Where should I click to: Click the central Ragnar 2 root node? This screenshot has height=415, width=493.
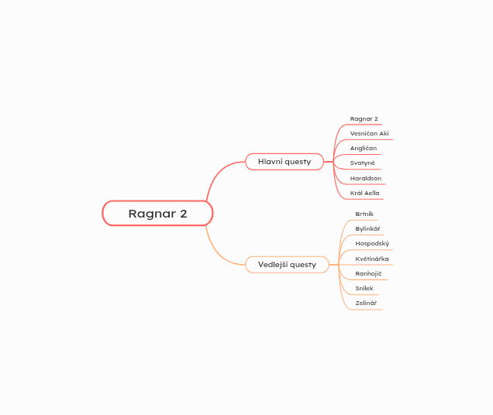(157, 214)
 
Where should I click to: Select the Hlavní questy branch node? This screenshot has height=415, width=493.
(284, 162)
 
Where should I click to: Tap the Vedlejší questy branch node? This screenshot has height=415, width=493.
(287, 265)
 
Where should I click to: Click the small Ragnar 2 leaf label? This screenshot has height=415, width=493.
(364, 118)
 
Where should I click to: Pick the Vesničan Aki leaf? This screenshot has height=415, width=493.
(369, 133)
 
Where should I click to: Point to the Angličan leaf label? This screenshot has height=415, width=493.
(363, 149)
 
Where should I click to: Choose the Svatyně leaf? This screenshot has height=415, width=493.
(362, 163)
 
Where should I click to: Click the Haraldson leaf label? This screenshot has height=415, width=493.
(366, 178)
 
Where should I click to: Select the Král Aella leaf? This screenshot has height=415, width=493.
(365, 193)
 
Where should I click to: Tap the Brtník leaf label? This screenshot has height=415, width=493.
(364, 214)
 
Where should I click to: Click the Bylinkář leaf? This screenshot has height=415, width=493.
(367, 228)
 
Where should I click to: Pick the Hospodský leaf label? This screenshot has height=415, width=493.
(372, 243)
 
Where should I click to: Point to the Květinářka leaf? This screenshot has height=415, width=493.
(372, 259)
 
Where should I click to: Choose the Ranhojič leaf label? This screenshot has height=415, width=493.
(368, 273)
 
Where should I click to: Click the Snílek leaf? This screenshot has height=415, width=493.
(364, 288)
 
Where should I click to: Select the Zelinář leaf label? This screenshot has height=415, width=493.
(366, 304)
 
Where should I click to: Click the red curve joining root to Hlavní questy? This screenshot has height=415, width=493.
(218, 173)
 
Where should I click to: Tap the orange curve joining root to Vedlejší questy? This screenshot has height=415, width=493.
(218, 252)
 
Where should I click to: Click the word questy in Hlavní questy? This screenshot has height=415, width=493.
(298, 162)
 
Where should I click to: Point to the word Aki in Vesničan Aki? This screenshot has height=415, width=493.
(384, 133)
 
